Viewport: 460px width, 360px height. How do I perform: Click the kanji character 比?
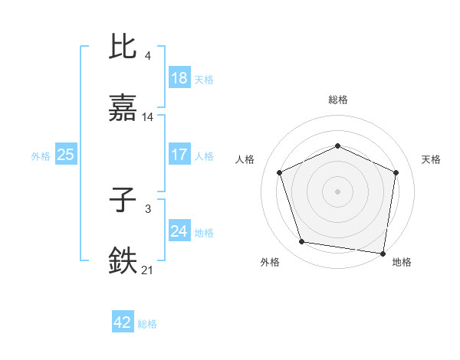click(x=123, y=47)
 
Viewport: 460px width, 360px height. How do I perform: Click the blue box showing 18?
click(x=179, y=78)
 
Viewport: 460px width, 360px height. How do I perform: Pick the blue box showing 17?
click(x=179, y=155)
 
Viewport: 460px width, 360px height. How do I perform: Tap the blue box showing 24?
click(x=179, y=231)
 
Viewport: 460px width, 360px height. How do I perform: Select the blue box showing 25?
click(x=66, y=155)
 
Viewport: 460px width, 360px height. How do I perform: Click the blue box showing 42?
click(x=123, y=322)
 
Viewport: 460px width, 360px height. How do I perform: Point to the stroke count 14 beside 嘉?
click(x=148, y=117)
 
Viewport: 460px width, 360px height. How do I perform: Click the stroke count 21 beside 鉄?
click(x=148, y=270)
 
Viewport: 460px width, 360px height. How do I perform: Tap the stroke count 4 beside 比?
click(x=148, y=55)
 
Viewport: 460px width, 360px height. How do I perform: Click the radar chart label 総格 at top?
click(x=338, y=100)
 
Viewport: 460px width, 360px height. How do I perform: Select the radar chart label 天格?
click(x=432, y=159)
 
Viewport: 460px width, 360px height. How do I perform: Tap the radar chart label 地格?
click(x=402, y=262)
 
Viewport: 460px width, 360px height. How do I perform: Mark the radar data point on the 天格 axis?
click(x=396, y=172)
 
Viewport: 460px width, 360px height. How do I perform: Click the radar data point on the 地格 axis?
click(x=383, y=253)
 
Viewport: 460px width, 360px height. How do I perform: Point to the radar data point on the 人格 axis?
click(x=280, y=172)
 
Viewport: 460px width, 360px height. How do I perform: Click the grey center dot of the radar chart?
click(x=338, y=191)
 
